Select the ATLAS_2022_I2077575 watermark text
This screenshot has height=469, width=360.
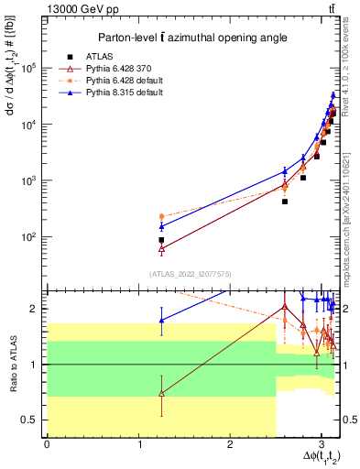pos(187,274)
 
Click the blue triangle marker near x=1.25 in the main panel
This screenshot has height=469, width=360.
pos(161,226)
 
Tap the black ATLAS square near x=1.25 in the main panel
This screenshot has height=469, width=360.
pos(161,239)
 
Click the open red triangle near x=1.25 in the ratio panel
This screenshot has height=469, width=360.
pos(161,393)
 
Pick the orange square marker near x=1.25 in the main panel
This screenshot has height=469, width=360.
pos(161,216)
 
